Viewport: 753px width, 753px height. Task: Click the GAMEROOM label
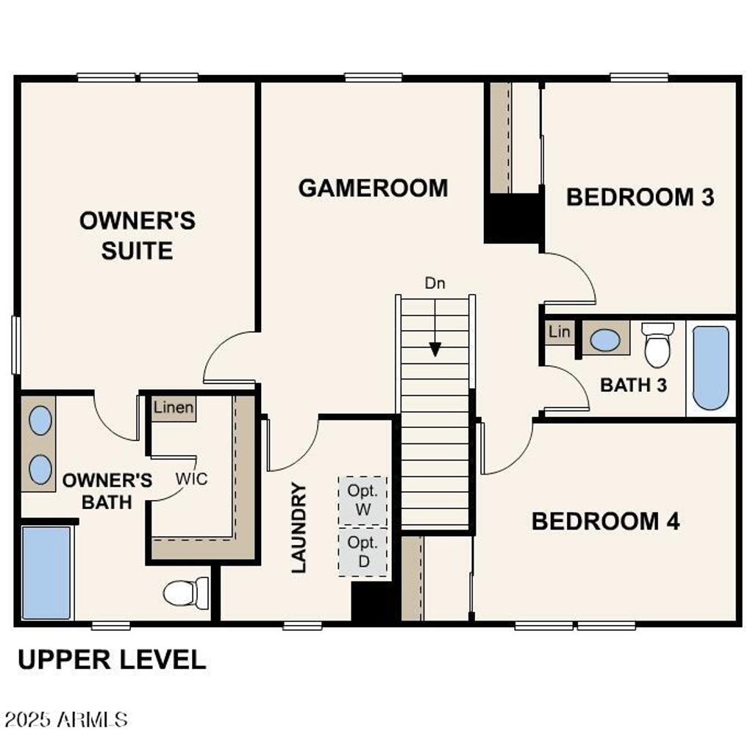[x=373, y=188]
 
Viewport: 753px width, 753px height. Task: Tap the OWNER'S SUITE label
[x=138, y=235]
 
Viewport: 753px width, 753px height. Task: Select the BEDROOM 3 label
[x=640, y=197]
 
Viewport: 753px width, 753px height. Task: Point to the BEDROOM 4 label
[x=605, y=521]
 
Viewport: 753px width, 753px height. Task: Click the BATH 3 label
[x=633, y=385]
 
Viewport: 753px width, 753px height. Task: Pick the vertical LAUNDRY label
[x=298, y=527]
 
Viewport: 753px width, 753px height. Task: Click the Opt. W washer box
[x=363, y=500]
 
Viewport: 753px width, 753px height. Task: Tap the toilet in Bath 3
[x=657, y=344]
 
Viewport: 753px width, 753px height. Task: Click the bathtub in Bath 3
[x=710, y=368]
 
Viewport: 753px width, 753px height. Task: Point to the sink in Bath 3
[x=605, y=340]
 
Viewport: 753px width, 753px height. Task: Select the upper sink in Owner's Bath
[x=40, y=421]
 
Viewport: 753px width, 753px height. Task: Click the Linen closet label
[x=174, y=407]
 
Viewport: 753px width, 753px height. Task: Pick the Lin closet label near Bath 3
[x=559, y=332]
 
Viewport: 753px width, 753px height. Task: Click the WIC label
[x=191, y=479]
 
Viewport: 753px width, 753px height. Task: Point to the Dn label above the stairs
[x=435, y=282]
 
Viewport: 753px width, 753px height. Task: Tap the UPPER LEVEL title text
[x=112, y=660]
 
